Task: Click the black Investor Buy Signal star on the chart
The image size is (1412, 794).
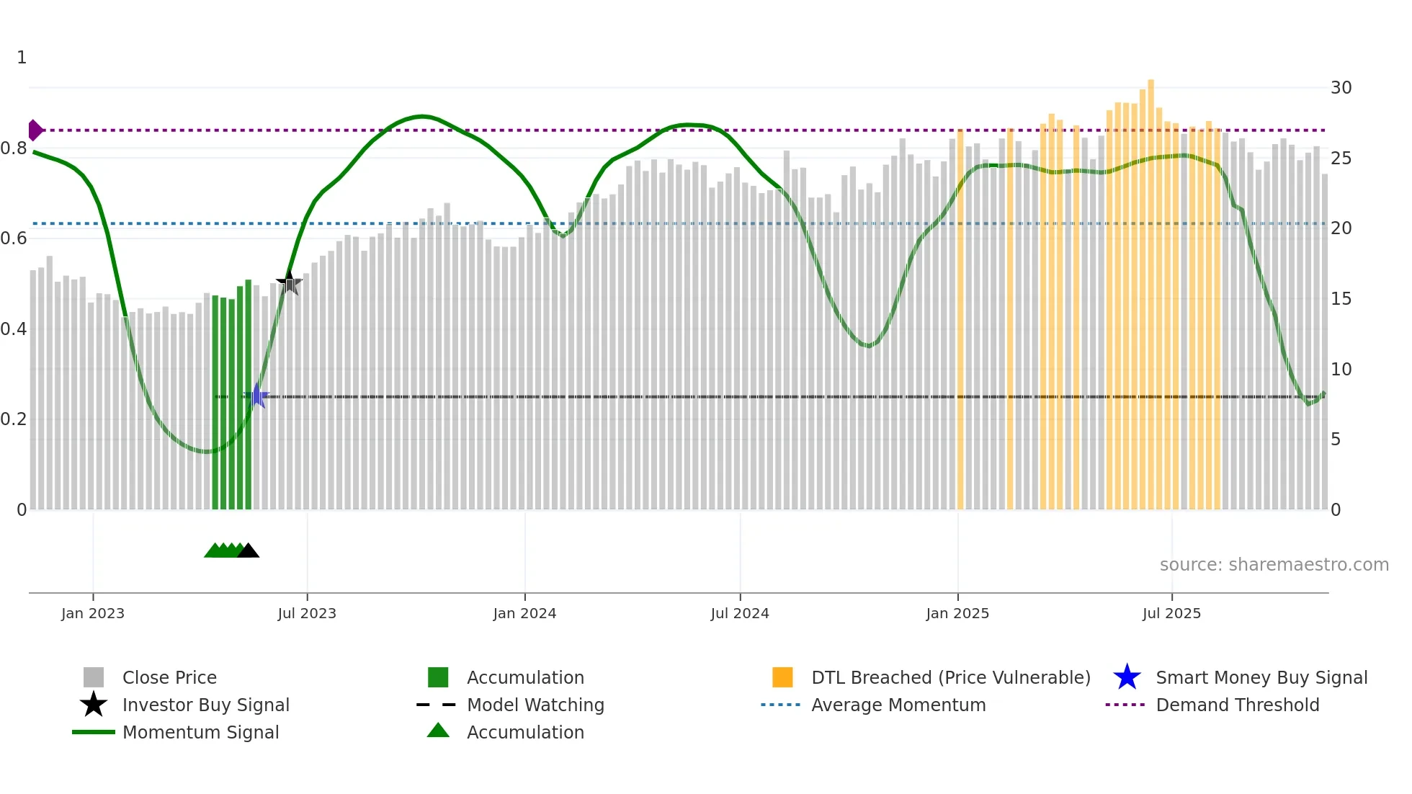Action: [289, 283]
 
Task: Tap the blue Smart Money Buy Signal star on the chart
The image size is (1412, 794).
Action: [256, 396]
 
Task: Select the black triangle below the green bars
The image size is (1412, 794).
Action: [248, 551]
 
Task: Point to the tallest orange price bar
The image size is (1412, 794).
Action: [1150, 288]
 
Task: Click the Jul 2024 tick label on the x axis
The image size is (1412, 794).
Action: [740, 614]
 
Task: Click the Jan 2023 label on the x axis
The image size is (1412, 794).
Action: [93, 614]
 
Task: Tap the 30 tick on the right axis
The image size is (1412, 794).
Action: [1341, 88]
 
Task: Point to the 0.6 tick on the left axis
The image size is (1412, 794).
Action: [14, 238]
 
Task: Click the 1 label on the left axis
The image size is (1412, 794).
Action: [22, 58]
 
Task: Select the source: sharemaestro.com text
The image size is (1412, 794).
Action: [1274, 565]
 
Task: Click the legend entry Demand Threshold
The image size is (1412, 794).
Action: [1237, 705]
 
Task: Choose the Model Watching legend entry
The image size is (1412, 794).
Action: [535, 705]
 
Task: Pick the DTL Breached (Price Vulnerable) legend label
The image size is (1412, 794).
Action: [950, 678]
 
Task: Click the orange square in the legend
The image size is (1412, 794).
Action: [782, 677]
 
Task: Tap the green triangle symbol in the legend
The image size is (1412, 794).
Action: [438, 731]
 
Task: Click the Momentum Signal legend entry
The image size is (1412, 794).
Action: [200, 733]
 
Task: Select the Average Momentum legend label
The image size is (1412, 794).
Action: [898, 705]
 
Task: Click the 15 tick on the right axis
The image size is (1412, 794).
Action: [1341, 299]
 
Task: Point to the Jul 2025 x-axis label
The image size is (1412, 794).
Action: [1171, 614]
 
